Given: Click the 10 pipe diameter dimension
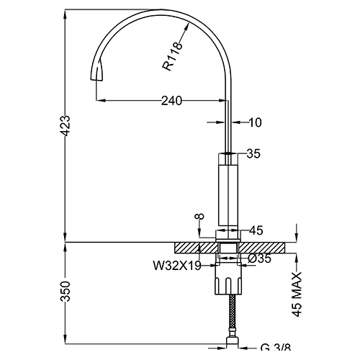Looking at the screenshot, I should click(x=255, y=123).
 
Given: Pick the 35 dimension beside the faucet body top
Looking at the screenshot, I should click(x=253, y=153).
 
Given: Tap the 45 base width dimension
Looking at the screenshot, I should click(x=256, y=231).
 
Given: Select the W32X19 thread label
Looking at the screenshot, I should click(x=176, y=264).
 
